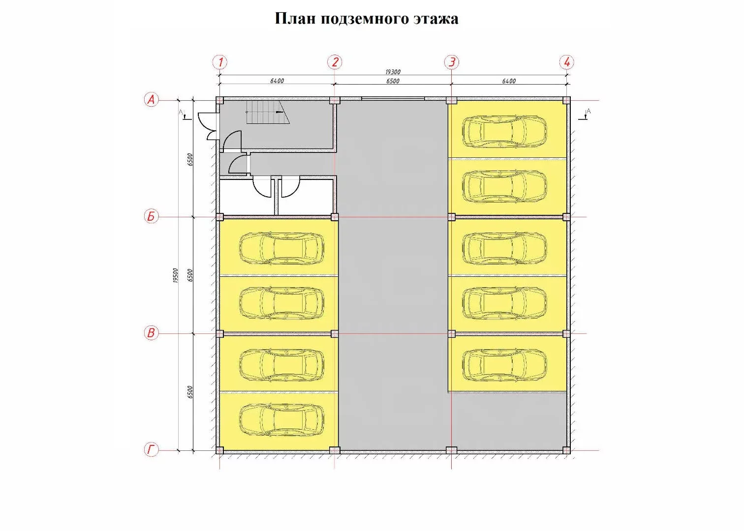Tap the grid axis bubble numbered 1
[220, 62]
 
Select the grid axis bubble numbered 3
[452, 62]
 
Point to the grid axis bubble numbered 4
[567, 62]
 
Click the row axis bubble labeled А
[152, 99]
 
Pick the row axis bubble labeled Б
[152, 217]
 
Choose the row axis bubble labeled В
[152, 333]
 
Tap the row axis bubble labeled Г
[152, 450]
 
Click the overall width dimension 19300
[393, 72]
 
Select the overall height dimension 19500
[176, 275]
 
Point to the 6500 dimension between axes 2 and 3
[393, 81]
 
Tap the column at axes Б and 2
[335, 217]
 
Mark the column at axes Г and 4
[567, 450]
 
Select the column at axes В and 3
[451, 333]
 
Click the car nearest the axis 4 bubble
[504, 131]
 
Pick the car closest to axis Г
[281, 420]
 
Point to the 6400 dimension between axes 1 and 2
[277, 81]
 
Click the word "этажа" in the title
[436, 19]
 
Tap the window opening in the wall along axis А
[393, 98]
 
